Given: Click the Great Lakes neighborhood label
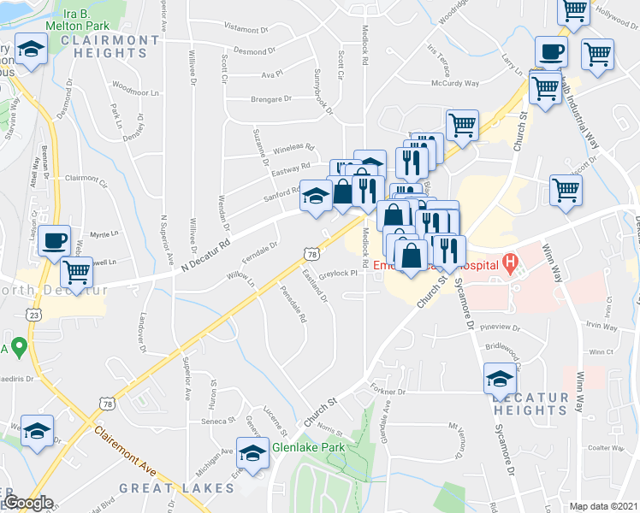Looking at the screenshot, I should (x=176, y=488).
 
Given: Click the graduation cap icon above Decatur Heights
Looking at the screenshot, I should (x=500, y=379).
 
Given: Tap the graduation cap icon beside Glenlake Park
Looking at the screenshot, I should (x=252, y=452).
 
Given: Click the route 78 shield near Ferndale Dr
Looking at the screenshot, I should (x=311, y=253).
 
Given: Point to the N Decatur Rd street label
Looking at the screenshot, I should (x=208, y=256).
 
